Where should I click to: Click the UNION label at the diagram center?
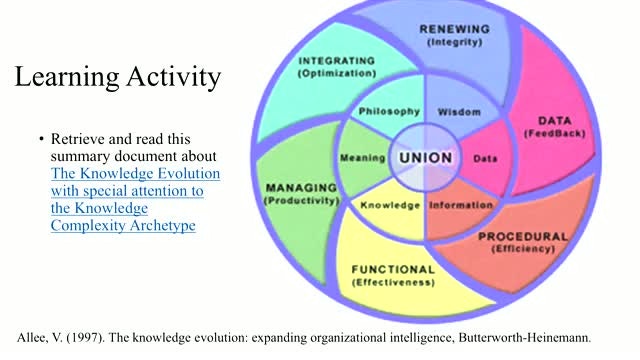click(x=426, y=158)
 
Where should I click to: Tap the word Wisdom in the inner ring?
click(x=459, y=112)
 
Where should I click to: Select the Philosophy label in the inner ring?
click(x=389, y=112)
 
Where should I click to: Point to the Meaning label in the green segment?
click(x=363, y=158)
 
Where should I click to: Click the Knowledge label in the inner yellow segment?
click(x=390, y=205)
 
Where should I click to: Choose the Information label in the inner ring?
click(x=461, y=205)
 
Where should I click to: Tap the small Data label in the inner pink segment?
click(x=485, y=159)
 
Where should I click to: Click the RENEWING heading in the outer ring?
click(x=455, y=29)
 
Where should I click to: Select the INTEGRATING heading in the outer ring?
click(x=337, y=61)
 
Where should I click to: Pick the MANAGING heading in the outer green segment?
click(x=302, y=188)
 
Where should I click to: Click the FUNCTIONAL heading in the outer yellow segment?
click(x=393, y=270)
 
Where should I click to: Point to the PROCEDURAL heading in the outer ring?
click(x=523, y=237)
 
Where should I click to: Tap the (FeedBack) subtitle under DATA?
click(x=555, y=133)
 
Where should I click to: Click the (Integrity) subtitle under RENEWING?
click(x=455, y=42)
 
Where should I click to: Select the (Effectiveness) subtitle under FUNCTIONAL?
click(x=393, y=282)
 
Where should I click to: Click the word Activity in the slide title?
click(x=173, y=77)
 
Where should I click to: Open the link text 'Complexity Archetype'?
click(x=123, y=226)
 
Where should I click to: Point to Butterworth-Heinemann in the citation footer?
click(x=525, y=338)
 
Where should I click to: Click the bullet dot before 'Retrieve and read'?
click(x=41, y=139)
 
